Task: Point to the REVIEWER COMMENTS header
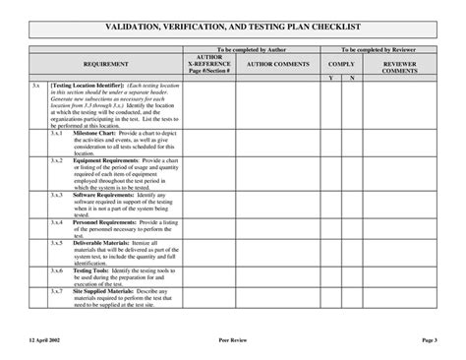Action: pos(400,66)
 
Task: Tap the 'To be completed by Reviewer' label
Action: pos(387,48)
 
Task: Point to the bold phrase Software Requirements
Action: pos(101,195)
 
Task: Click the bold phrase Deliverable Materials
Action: pos(101,243)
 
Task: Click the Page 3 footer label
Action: pos(429,339)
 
